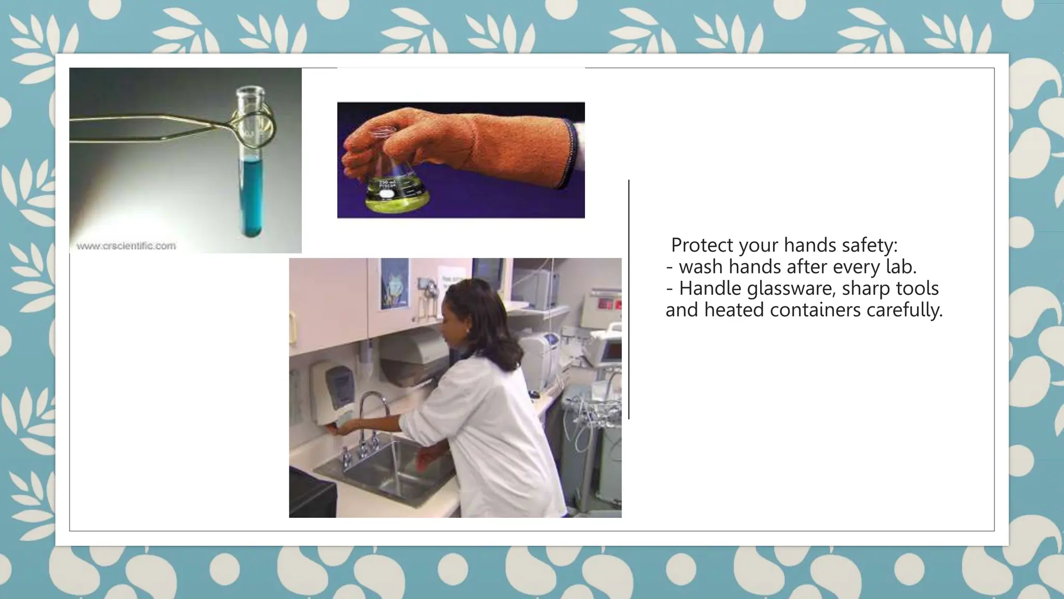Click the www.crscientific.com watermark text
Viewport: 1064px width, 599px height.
(x=126, y=246)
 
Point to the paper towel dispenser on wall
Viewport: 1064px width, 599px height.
(x=410, y=359)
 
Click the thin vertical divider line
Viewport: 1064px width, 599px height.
(x=629, y=299)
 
